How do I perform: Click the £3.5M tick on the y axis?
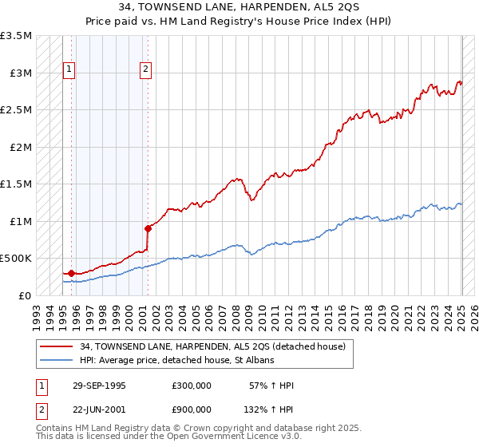pyautogui.click(x=16, y=37)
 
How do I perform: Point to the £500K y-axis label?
pyautogui.click(x=16, y=259)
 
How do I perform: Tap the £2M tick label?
pyautogui.click(x=21, y=148)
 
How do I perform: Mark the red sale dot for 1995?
pyautogui.click(x=72, y=273)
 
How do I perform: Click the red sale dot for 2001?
pyautogui.click(x=148, y=228)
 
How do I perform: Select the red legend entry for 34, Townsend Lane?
pyautogui.click(x=212, y=346)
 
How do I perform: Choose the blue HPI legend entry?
pyautogui.click(x=176, y=360)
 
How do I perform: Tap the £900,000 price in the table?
pyautogui.click(x=192, y=409)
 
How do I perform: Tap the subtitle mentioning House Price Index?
pyautogui.click(x=239, y=22)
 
